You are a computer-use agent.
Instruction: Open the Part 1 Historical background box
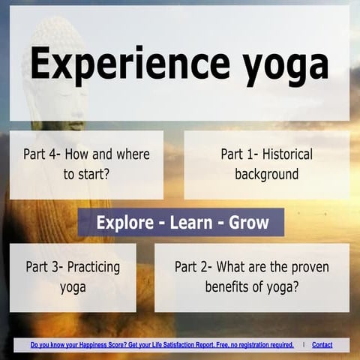(x=266, y=165)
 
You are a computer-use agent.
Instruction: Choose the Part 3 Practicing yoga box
(x=73, y=277)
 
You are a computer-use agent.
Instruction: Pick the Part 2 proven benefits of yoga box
(x=251, y=277)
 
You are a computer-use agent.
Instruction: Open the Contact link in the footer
(x=322, y=345)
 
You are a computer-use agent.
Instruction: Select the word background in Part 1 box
(x=266, y=175)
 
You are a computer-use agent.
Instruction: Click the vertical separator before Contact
(x=304, y=345)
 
